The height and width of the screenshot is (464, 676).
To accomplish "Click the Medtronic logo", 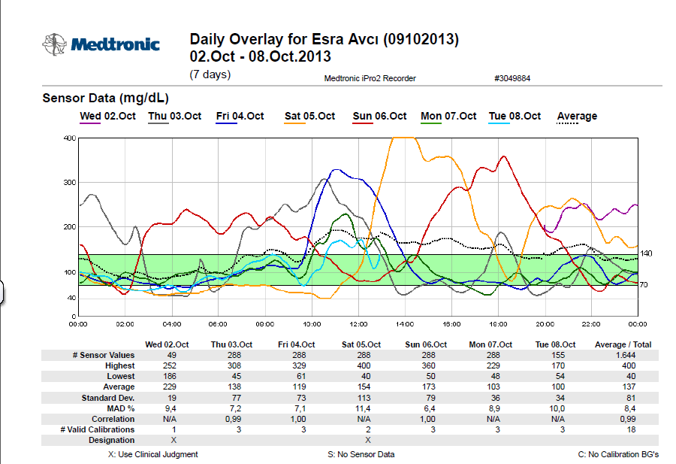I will pos(101,44).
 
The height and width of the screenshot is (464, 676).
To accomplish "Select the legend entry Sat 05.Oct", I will pos(309,116).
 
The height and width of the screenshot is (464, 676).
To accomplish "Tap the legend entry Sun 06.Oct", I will pos(379,116).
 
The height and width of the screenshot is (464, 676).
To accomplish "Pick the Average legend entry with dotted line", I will pos(577,116).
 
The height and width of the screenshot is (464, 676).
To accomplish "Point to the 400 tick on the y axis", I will pos(70,138).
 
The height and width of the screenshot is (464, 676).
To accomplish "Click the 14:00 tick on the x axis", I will pos(406,324).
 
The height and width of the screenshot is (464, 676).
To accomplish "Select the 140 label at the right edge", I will pos(646,253).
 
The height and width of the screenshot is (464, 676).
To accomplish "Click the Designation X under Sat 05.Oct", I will pos(367,440).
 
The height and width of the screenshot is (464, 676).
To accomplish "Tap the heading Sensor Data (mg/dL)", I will pos(105,98).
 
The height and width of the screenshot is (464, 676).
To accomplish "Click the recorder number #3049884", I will pos(512,78).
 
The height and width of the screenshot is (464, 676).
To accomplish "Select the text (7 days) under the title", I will pos(210,74).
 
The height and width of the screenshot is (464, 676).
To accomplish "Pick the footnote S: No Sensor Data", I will pos(361,454).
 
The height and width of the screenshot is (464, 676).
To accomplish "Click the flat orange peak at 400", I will pos(404,138).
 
